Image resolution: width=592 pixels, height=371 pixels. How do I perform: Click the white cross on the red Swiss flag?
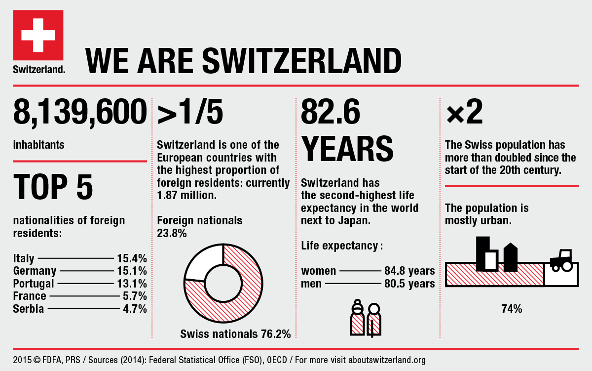(x=38, y=35)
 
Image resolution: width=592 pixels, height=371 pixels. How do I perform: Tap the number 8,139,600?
(x=80, y=112)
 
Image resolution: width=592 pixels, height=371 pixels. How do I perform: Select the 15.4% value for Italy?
(x=132, y=258)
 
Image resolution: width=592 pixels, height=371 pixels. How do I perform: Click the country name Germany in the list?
(x=35, y=271)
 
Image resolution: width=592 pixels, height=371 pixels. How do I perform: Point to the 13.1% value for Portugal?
(x=132, y=284)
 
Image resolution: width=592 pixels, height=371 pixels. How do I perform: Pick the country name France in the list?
(x=30, y=296)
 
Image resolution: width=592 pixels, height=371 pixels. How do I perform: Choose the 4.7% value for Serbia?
(x=135, y=309)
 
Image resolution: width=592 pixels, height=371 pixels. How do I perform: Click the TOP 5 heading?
(x=53, y=187)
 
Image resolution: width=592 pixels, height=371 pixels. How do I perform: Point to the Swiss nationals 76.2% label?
(x=235, y=334)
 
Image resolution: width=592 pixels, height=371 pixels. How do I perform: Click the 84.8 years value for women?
(x=409, y=271)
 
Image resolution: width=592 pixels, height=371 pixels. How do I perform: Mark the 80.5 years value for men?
(x=409, y=284)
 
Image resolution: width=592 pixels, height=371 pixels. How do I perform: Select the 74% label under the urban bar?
(x=512, y=309)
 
